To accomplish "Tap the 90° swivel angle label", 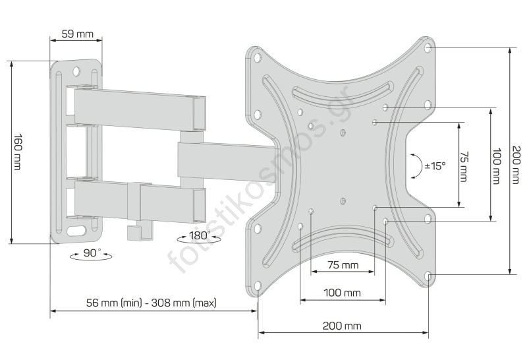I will [x=91, y=253].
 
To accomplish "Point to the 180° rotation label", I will [x=199, y=235].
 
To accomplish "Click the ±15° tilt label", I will [x=435, y=166].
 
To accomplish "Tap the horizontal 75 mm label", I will [x=342, y=265].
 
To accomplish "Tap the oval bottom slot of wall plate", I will [x=78, y=231].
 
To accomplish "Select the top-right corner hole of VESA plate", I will [x=429, y=49].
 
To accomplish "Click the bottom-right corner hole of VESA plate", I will [x=429, y=276].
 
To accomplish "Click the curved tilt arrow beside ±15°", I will [x=416, y=166].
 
